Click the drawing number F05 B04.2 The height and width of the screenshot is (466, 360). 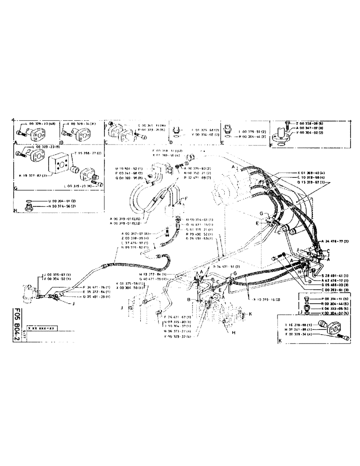pyautogui.click(x=17, y=322)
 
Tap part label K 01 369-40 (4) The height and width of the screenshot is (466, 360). pyautogui.click(x=312, y=173)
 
